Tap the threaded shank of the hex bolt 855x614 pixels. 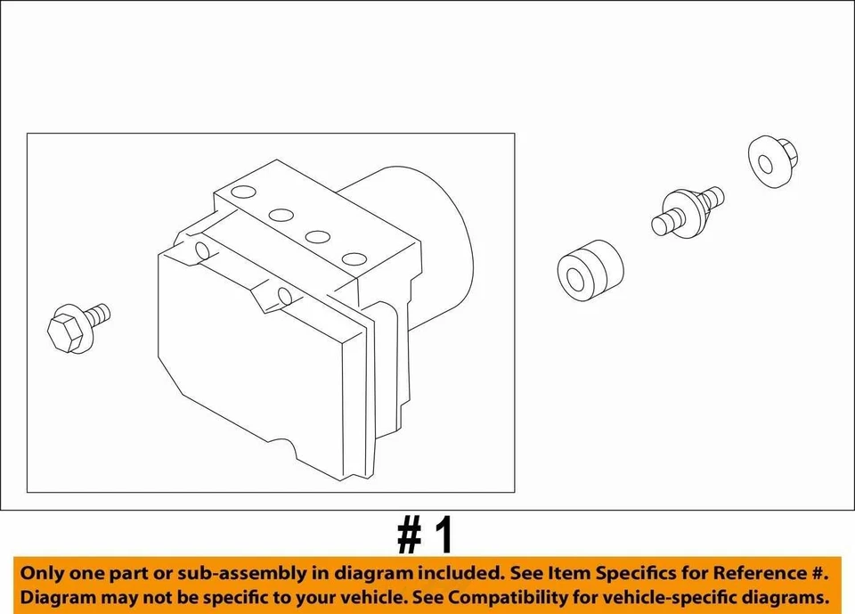click(x=99, y=314)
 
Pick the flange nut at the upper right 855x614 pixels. click(x=771, y=161)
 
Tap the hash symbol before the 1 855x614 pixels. click(x=408, y=536)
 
